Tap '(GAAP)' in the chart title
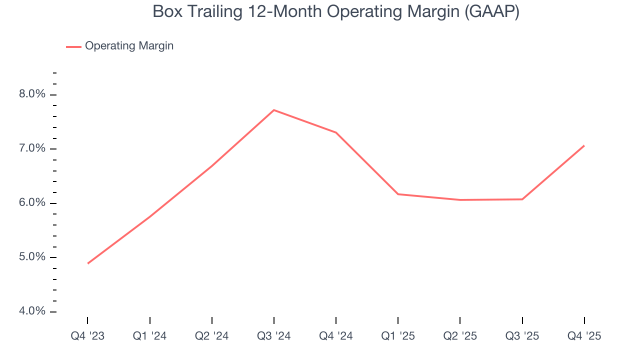491,11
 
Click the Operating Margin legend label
129,46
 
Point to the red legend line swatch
73,46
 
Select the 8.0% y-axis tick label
32,94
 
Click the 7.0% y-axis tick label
32,148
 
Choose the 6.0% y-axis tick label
32,203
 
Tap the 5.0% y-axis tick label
32,257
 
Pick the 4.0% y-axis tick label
32,311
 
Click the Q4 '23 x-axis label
87,336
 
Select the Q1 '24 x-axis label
149,336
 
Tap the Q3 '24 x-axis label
274,336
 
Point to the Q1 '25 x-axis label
398,336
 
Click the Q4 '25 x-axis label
584,336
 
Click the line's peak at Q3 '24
274,110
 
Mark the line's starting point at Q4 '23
88,263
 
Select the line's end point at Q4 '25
584,145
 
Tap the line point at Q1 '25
398,194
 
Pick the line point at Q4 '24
336,132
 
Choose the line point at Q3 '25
522,199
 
